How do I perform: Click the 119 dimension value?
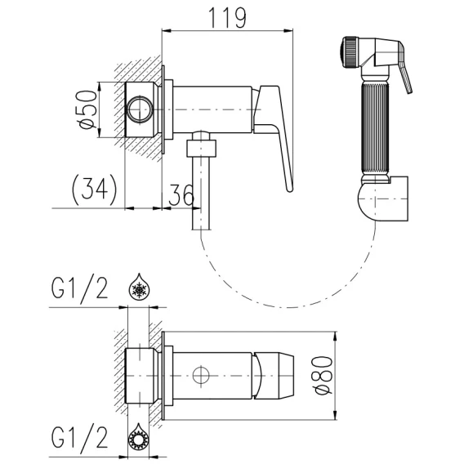227,18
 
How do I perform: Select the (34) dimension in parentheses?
95,190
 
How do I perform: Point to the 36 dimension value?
181,195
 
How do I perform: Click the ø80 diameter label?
323,375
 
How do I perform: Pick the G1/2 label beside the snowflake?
79,288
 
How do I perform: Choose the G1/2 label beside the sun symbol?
79,437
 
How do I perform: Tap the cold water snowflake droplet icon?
140,286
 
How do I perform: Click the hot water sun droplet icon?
139,436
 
